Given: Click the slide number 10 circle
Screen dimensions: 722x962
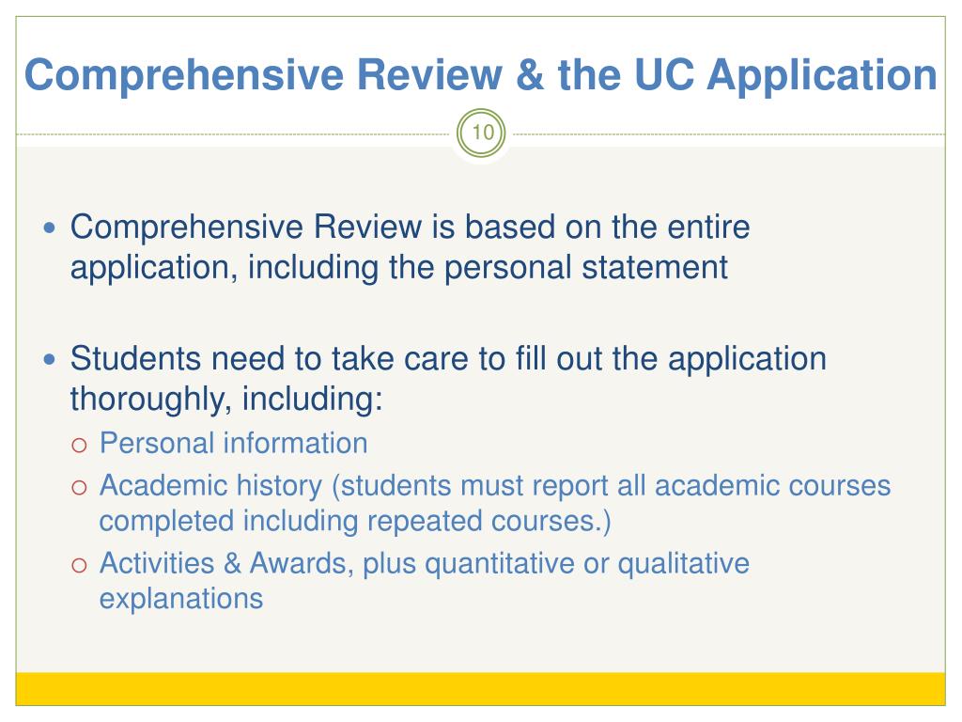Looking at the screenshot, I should pyautogui.click(x=481, y=133).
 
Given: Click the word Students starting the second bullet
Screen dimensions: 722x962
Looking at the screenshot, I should pyautogui.click(x=135, y=359).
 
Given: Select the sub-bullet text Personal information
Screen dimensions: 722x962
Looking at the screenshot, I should pyautogui.click(x=233, y=443).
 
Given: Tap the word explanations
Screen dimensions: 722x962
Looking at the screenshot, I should pyautogui.click(x=180, y=598).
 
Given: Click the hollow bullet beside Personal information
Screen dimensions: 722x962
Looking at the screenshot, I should pyautogui.click(x=80, y=444).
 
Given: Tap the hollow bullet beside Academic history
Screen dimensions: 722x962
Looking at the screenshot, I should pyautogui.click(x=80, y=487).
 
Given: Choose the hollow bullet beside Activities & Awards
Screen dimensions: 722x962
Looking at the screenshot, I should pyautogui.click(x=80, y=564).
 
